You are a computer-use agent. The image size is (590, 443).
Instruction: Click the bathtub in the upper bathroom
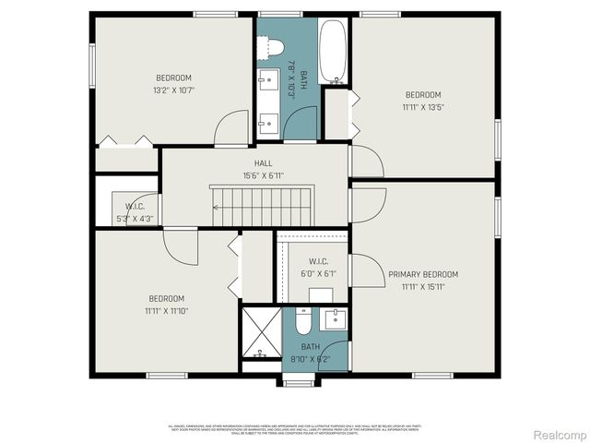click(333, 46)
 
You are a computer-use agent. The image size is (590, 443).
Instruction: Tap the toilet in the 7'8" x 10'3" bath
click(274, 46)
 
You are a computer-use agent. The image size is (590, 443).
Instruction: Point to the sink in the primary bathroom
click(335, 319)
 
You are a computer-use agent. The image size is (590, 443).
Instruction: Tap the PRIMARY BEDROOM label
click(422, 274)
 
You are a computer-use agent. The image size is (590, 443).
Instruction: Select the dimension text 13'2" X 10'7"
click(173, 90)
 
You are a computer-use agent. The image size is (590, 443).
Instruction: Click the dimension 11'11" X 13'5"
click(423, 107)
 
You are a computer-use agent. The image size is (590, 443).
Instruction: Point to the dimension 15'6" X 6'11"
click(263, 174)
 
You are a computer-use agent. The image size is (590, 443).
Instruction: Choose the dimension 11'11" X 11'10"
click(166, 311)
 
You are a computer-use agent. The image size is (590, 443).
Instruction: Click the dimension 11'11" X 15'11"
click(422, 287)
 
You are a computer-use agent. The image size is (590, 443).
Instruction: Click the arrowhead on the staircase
click(216, 208)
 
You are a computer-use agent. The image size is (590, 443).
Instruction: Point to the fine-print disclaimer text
click(295, 428)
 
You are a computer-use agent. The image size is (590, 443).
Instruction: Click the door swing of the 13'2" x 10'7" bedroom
click(233, 127)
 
